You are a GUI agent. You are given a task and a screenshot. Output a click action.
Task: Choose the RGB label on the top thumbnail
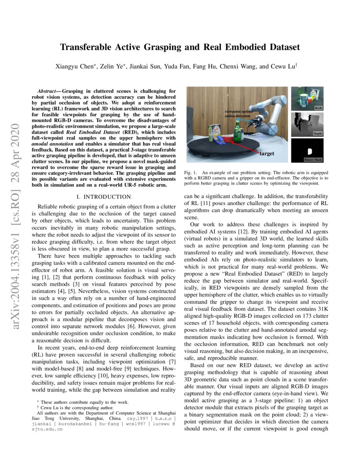tap(318, 108)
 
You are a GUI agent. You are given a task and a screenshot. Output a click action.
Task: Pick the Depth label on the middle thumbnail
tap(317, 133)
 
